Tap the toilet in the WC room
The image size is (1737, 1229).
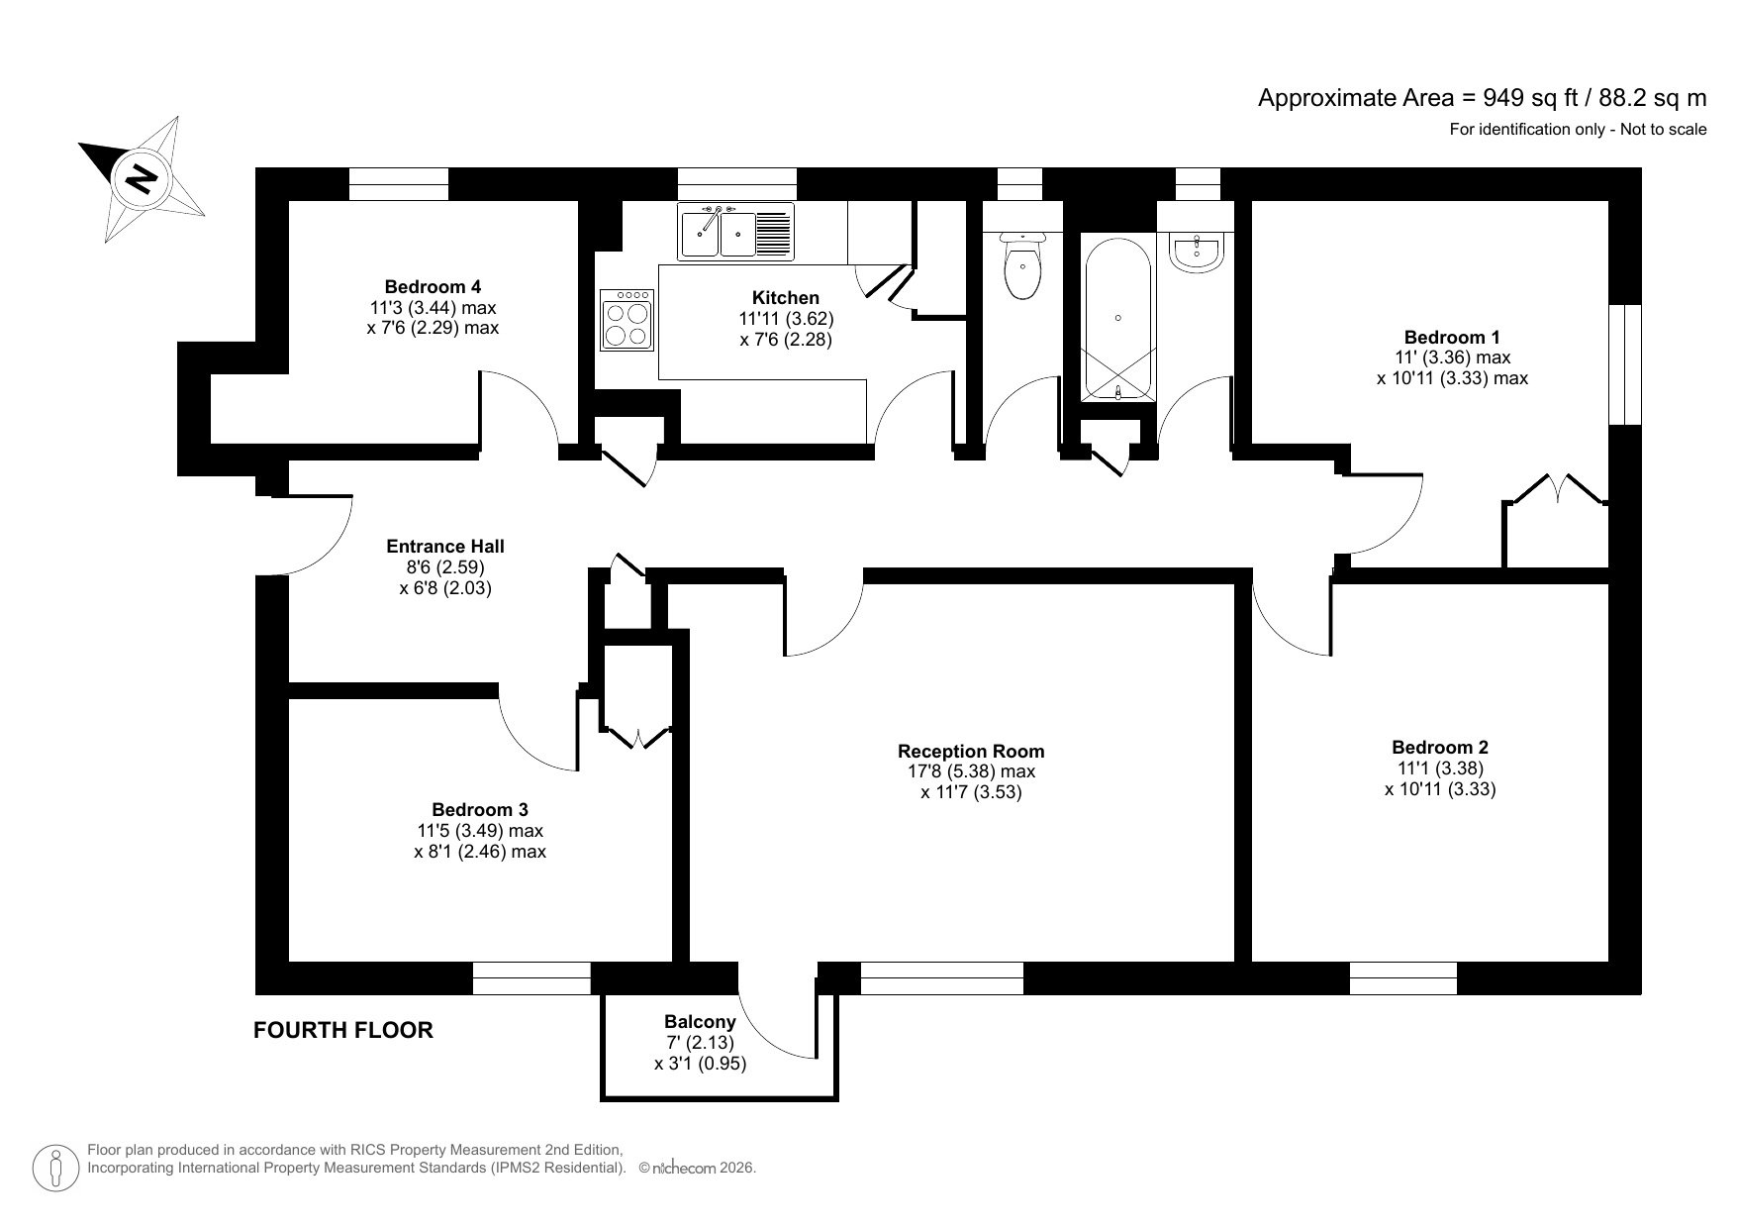(x=1020, y=266)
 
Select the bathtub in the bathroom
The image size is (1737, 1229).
(x=1117, y=317)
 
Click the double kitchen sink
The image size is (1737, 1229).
(x=735, y=231)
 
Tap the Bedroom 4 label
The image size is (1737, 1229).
(x=433, y=286)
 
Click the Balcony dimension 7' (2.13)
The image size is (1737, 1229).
(x=700, y=1042)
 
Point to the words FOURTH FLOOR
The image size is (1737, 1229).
(x=343, y=1030)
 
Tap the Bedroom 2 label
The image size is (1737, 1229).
(x=1439, y=747)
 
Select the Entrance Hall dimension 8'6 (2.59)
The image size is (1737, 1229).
(x=444, y=566)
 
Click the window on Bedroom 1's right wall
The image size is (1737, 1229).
(x=1624, y=364)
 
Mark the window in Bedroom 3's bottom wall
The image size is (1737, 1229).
(x=531, y=978)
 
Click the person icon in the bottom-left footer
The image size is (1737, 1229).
(x=56, y=1168)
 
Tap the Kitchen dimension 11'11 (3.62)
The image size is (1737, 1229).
(x=786, y=319)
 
